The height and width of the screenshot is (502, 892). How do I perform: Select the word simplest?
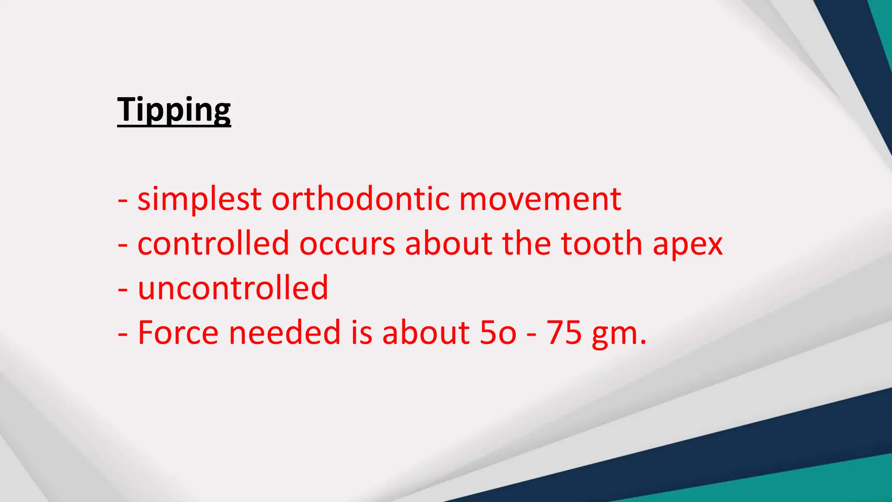[199, 200]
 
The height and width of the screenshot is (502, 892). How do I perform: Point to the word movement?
[540, 200]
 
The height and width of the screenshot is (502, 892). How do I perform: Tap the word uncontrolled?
[233, 288]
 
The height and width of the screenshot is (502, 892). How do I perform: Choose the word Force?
[178, 332]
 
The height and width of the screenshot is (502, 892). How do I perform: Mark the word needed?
[284, 332]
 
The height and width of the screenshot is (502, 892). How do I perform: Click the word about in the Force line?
[426, 332]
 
